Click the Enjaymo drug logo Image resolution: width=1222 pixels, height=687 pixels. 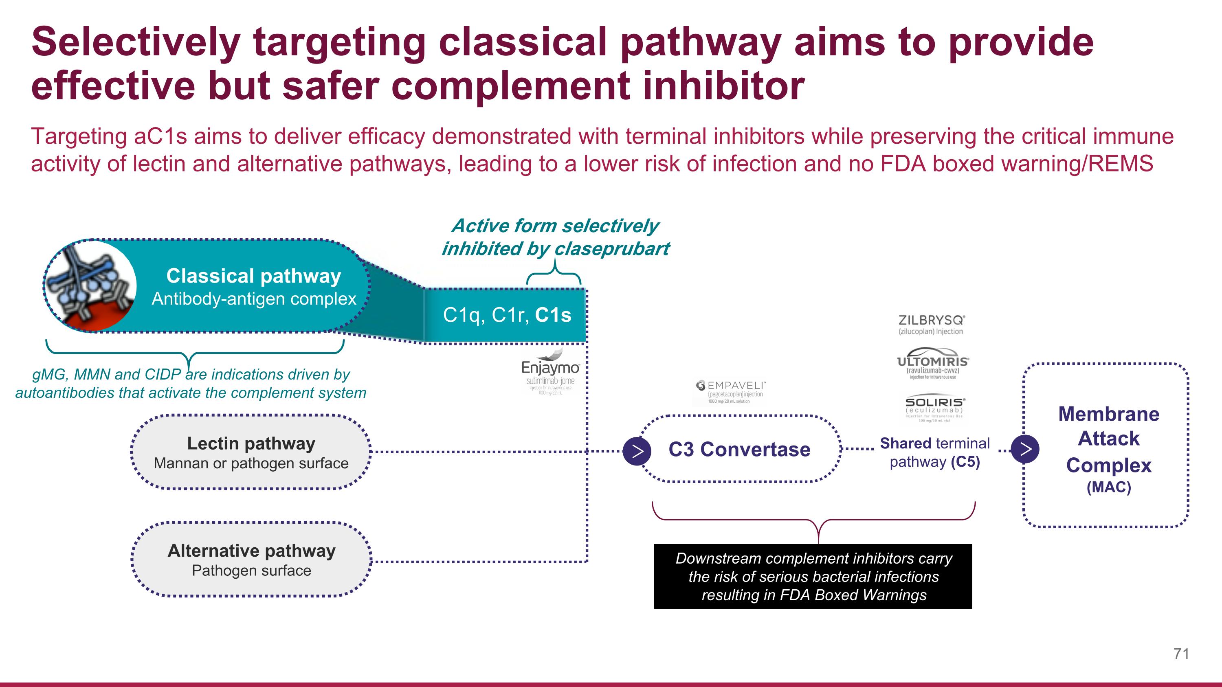550,373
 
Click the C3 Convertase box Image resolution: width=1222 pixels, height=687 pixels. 739,449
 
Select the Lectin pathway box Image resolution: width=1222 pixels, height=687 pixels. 251,452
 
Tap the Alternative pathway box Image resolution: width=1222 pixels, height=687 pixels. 251,560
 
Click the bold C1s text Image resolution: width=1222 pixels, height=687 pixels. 553,315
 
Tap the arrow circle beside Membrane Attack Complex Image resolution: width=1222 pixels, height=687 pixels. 1025,448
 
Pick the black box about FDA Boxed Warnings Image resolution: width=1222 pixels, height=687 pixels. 813,577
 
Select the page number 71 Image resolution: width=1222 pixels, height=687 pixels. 1181,654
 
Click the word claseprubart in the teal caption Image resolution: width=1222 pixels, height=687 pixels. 612,248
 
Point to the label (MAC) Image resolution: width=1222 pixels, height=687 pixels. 1109,487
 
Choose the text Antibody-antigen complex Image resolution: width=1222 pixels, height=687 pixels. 254,299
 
